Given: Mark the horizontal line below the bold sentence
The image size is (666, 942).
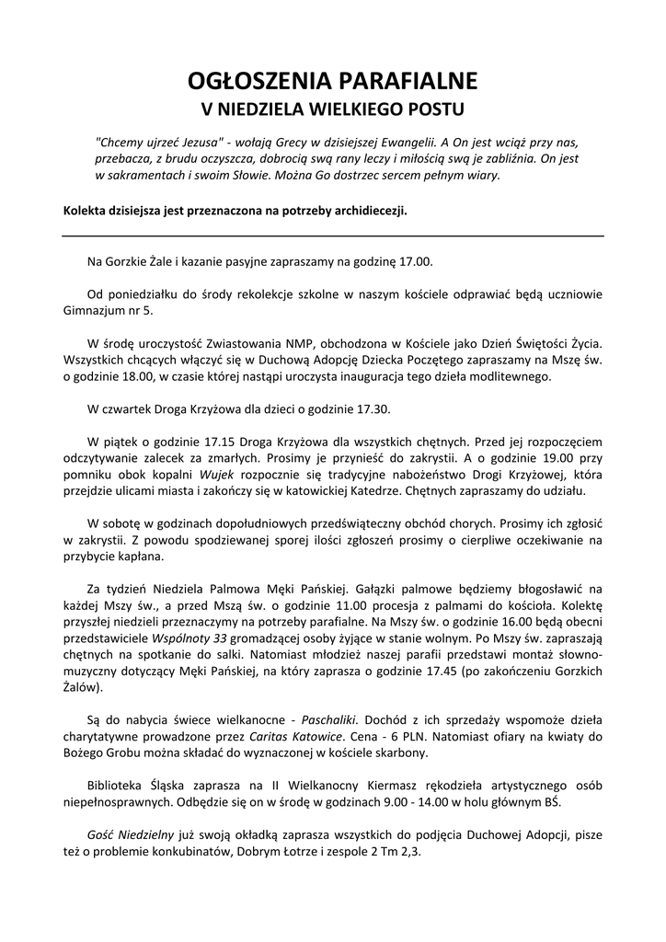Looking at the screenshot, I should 333,236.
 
